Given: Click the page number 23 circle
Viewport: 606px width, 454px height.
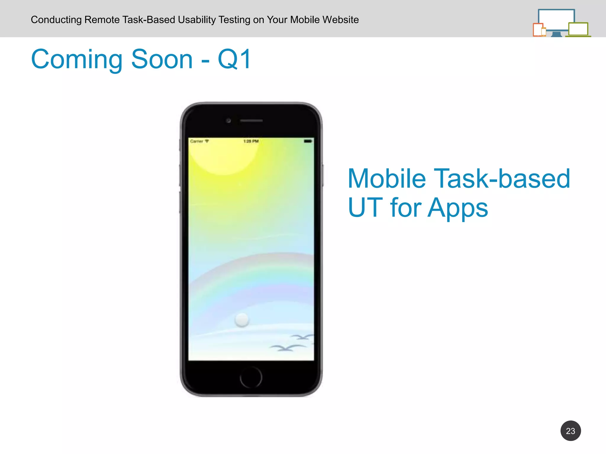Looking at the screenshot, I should click(x=570, y=431).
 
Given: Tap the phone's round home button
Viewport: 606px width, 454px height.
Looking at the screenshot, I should click(x=251, y=377).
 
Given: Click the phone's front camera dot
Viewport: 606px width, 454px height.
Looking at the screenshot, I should click(x=228, y=121).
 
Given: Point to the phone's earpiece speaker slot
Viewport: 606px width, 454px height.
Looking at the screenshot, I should click(x=251, y=121).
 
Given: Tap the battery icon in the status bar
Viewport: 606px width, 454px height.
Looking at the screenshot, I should click(x=308, y=141).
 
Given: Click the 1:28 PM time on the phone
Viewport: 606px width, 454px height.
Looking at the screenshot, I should click(x=251, y=141).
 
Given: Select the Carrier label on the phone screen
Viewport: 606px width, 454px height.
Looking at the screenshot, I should click(x=197, y=141).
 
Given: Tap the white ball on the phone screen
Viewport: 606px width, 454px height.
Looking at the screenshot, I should click(x=242, y=320).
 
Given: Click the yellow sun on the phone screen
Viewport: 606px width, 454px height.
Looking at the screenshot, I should click(x=223, y=157).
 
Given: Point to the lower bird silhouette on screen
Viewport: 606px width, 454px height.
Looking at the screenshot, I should click(x=286, y=348).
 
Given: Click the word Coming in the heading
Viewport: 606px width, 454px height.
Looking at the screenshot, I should click(x=77, y=60).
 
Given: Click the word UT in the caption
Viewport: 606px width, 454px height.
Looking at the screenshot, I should click(x=365, y=207).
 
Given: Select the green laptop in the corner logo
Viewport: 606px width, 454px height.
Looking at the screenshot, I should click(x=578, y=30).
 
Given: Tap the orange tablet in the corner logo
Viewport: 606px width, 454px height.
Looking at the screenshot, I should click(x=538, y=30).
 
